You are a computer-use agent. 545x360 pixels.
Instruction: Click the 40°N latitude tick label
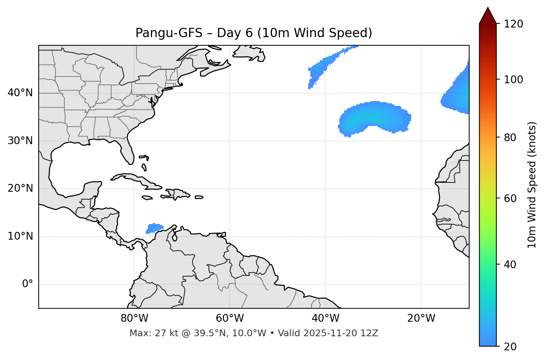(x=20, y=93)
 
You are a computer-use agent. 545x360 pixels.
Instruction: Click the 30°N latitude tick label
(x=20, y=141)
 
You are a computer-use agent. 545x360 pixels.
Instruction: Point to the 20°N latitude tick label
(x=20, y=188)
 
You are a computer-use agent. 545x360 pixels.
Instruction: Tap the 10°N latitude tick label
(x=20, y=236)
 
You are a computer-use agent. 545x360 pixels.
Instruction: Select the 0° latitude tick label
(x=28, y=284)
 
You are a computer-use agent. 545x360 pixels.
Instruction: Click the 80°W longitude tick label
(x=134, y=318)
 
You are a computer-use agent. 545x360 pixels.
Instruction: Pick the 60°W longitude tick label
(x=230, y=318)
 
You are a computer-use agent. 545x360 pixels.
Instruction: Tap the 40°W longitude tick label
(x=325, y=318)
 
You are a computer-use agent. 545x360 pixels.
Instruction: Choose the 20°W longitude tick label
(x=421, y=318)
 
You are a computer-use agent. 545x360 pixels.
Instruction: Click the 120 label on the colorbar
(x=513, y=24)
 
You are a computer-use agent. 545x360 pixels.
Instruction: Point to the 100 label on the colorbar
(x=513, y=80)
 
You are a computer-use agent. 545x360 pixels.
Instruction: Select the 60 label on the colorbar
(x=510, y=198)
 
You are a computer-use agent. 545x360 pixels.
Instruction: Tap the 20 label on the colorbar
(x=510, y=347)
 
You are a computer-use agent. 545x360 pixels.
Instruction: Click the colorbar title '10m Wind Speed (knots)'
(x=532, y=185)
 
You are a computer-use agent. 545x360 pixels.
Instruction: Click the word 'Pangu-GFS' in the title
(x=169, y=33)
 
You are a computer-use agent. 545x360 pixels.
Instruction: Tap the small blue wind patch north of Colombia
(x=154, y=228)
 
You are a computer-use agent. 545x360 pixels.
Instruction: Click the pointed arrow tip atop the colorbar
(x=488, y=9)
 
